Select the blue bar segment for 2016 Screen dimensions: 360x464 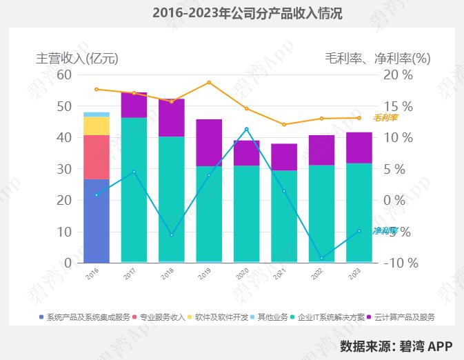point(97,221)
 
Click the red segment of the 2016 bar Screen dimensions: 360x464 point(97,157)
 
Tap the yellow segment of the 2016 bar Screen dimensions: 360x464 point(97,126)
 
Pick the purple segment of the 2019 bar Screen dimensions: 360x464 point(209,143)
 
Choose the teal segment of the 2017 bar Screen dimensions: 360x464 point(134,190)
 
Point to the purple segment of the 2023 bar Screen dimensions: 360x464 point(359,148)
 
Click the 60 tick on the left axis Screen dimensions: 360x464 point(64,74)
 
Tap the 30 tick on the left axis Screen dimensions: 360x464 point(64,169)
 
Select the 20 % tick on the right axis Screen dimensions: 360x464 point(398,74)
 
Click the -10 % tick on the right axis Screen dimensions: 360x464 point(401,263)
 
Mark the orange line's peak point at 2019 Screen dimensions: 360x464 point(209,83)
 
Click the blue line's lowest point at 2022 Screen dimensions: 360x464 point(321,258)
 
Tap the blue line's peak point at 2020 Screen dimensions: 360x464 point(247,129)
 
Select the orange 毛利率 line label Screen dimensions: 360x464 point(386,118)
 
